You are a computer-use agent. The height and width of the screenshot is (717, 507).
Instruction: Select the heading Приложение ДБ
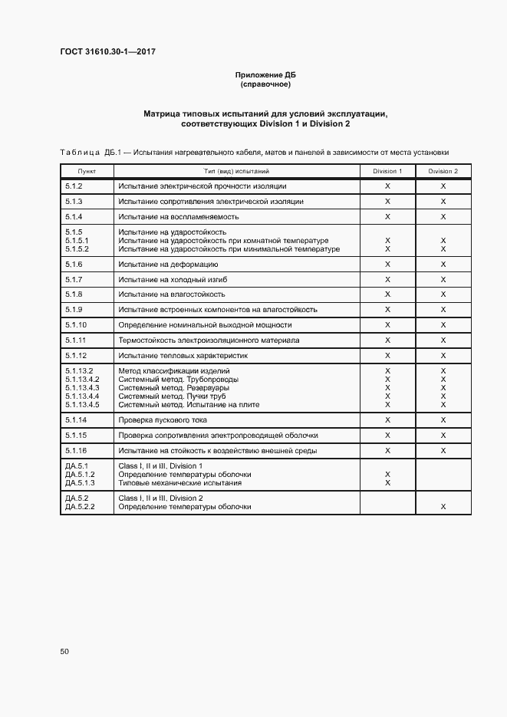[x=265, y=74]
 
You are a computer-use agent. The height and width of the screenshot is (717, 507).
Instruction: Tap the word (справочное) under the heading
[x=265, y=84]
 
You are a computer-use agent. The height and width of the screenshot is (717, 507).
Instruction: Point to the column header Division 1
[x=387, y=171]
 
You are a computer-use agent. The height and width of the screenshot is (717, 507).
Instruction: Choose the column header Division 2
[x=443, y=171]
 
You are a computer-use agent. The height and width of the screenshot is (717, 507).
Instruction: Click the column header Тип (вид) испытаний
[x=236, y=171]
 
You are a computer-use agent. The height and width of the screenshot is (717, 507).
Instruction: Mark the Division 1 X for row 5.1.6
[x=387, y=264]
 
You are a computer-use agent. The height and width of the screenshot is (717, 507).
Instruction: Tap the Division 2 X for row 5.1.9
[x=443, y=310]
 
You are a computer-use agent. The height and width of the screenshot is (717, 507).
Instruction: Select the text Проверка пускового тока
[x=163, y=420]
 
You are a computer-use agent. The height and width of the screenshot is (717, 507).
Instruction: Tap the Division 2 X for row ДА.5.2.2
[x=443, y=507]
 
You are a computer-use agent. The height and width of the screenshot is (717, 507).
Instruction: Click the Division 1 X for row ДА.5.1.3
[x=387, y=483]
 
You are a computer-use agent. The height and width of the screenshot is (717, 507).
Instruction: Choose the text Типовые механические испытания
[x=180, y=483]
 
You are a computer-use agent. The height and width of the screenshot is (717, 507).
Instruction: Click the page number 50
[x=64, y=652]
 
